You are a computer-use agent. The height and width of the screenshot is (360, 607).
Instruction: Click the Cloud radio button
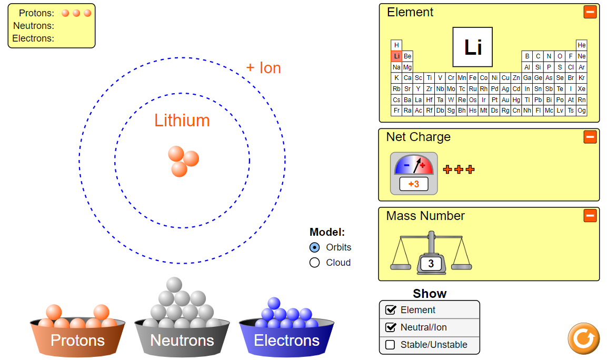pyautogui.click(x=315, y=263)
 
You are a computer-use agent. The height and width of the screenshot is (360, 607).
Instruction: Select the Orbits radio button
pyautogui.click(x=315, y=247)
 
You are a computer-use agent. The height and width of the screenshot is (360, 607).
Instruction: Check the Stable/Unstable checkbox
pyautogui.click(x=390, y=345)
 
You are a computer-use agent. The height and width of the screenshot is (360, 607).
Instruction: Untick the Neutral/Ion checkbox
pyautogui.click(x=390, y=327)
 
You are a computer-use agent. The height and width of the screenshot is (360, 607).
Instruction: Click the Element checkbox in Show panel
pyautogui.click(x=390, y=310)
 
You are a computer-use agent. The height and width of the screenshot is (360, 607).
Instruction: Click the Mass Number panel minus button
pyautogui.click(x=590, y=215)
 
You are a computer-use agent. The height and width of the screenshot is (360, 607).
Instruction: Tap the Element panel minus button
pyautogui.click(x=590, y=12)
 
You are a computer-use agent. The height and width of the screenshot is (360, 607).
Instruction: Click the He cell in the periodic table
pyautogui.click(x=581, y=45)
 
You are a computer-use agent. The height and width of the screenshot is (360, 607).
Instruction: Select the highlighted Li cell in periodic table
pyautogui.click(x=396, y=56)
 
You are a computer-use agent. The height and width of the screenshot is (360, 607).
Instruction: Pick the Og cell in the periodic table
pyautogui.click(x=581, y=111)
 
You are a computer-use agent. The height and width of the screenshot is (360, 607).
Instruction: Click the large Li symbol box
pyautogui.click(x=472, y=47)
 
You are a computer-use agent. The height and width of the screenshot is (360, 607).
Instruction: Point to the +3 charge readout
pyautogui.click(x=414, y=184)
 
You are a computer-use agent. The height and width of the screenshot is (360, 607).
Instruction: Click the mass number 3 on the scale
pyautogui.click(x=431, y=264)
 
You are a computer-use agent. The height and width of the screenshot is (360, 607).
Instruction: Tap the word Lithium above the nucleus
pyautogui.click(x=182, y=121)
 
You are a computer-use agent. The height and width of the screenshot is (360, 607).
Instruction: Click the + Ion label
pyautogui.click(x=263, y=68)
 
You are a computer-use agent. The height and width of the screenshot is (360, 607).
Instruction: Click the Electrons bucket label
pyautogui.click(x=286, y=341)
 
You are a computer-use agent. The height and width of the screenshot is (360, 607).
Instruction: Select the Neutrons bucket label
pyautogui.click(x=182, y=341)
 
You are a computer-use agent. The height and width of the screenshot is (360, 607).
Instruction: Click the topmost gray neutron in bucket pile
pyautogui.click(x=174, y=285)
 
